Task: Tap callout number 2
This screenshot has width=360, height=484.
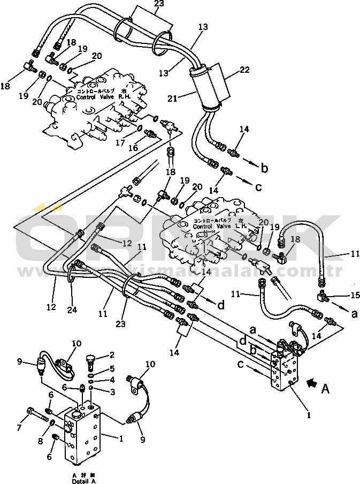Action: point(113,354)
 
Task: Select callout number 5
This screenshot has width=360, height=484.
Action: point(112,368)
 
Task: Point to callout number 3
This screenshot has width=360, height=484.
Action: point(112,392)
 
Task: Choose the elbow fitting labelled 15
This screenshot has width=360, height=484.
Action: point(324,296)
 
